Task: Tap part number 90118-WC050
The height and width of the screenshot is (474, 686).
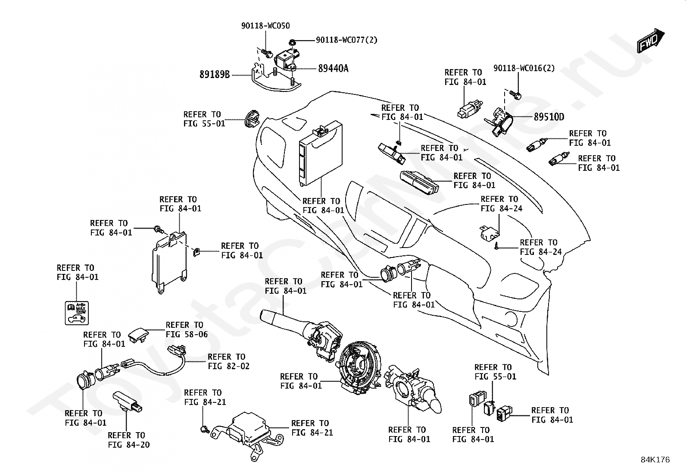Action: [265, 26]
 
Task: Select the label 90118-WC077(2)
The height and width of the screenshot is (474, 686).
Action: [346, 40]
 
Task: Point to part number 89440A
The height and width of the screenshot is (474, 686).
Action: [333, 68]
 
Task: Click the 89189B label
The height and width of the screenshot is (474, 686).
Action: [215, 75]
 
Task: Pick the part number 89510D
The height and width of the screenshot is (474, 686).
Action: [549, 117]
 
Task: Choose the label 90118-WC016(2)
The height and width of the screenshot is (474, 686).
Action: [524, 68]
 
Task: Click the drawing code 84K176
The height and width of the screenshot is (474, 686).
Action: [655, 460]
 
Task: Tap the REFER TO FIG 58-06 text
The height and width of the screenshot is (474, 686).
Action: [187, 329]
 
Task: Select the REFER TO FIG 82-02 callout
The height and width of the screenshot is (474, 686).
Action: [228, 361]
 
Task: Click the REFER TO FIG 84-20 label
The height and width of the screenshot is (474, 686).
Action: [128, 439]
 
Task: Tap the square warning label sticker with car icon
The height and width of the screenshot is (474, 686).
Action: [77, 313]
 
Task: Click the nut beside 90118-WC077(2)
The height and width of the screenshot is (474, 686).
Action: [292, 41]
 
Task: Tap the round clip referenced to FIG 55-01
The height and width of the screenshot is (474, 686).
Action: [252, 119]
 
